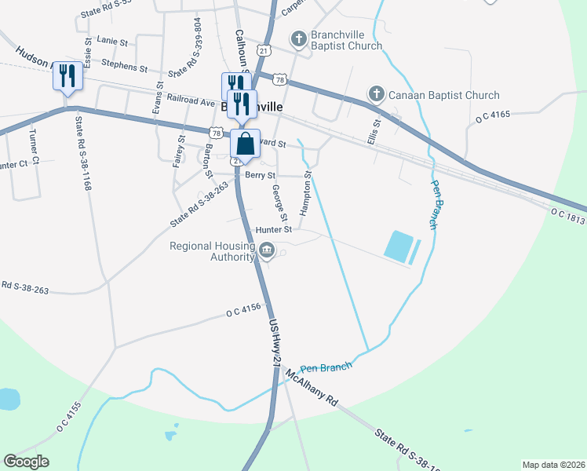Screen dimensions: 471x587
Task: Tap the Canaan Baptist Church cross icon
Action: tap(377, 95)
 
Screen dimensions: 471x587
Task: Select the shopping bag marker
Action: tap(245, 144)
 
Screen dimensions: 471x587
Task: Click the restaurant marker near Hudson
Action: tap(67, 76)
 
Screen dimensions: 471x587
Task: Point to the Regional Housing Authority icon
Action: tap(267, 250)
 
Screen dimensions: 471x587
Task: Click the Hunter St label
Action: tap(274, 230)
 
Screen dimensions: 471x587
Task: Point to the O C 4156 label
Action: tap(242, 312)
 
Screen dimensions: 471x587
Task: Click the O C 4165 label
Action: tap(493, 115)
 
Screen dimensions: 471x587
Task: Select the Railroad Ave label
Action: tap(191, 101)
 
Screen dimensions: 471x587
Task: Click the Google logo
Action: tap(26, 462)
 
